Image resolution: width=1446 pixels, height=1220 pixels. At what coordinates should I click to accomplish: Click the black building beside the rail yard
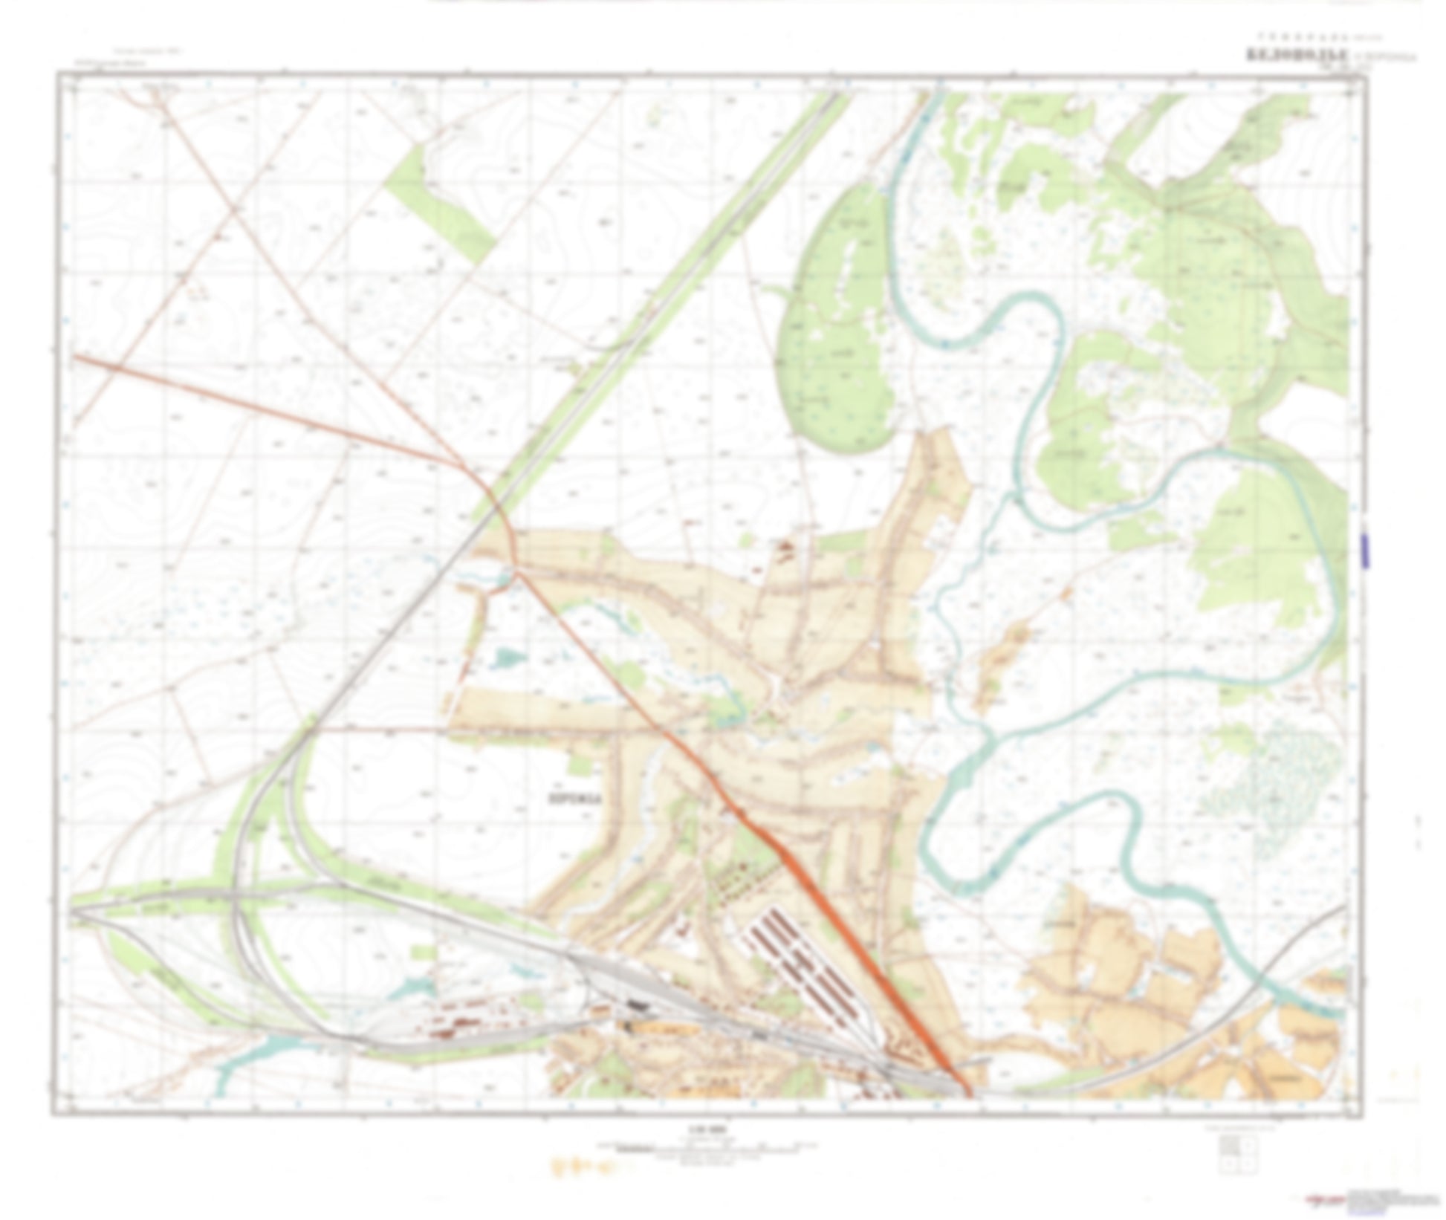pyautogui.click(x=637, y=1005)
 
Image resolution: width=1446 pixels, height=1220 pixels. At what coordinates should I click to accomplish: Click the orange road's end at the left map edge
pyautogui.click(x=74, y=357)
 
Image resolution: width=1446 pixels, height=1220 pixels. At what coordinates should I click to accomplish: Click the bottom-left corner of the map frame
pyautogui.click(x=54, y=1114)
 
